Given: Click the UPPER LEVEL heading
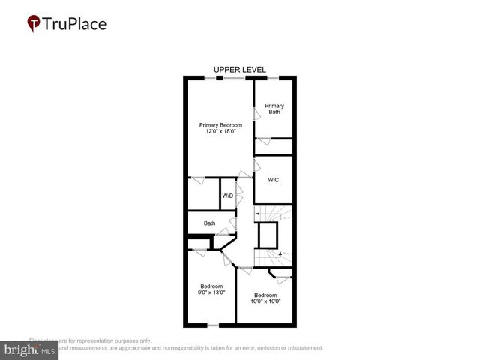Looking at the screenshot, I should [x=239, y=69].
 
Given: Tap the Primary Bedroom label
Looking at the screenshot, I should [x=217, y=124].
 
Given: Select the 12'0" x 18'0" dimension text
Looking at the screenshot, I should [x=217, y=132].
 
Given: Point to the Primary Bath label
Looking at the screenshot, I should [x=274, y=108].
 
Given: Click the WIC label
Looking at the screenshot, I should [x=274, y=181].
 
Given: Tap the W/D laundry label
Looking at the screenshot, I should [x=227, y=196].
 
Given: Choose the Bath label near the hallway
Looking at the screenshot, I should [x=209, y=223].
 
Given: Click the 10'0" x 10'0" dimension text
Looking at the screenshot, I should [x=266, y=301].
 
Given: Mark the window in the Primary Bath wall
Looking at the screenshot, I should [x=274, y=78].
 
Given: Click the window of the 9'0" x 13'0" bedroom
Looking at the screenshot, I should [x=213, y=325].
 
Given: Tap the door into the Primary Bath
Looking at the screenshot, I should [x=256, y=113].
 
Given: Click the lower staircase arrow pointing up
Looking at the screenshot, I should [x=281, y=254].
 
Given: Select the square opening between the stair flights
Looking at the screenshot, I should [x=268, y=235].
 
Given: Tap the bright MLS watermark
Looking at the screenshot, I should [x=29, y=349].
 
